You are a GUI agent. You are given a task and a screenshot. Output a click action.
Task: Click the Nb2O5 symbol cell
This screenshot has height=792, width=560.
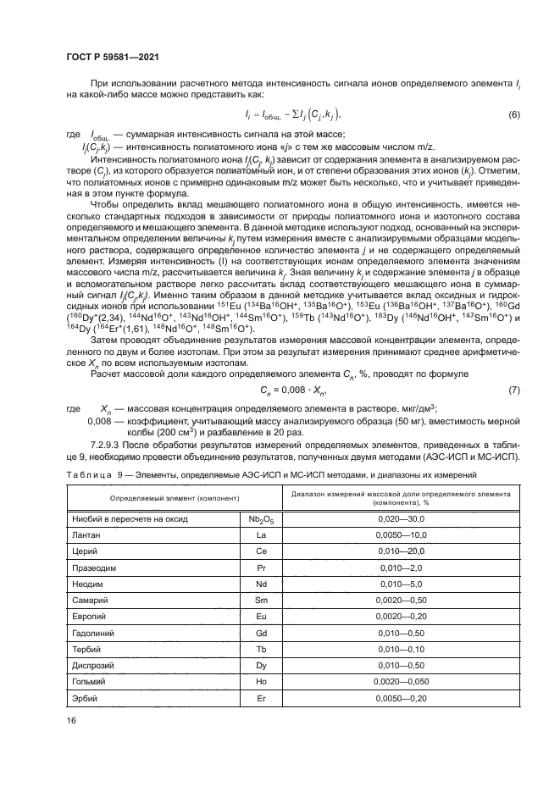260,518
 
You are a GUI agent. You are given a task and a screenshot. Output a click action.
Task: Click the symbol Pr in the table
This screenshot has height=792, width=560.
260,569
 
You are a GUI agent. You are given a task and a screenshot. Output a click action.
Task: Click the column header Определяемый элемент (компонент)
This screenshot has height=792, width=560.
152,496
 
